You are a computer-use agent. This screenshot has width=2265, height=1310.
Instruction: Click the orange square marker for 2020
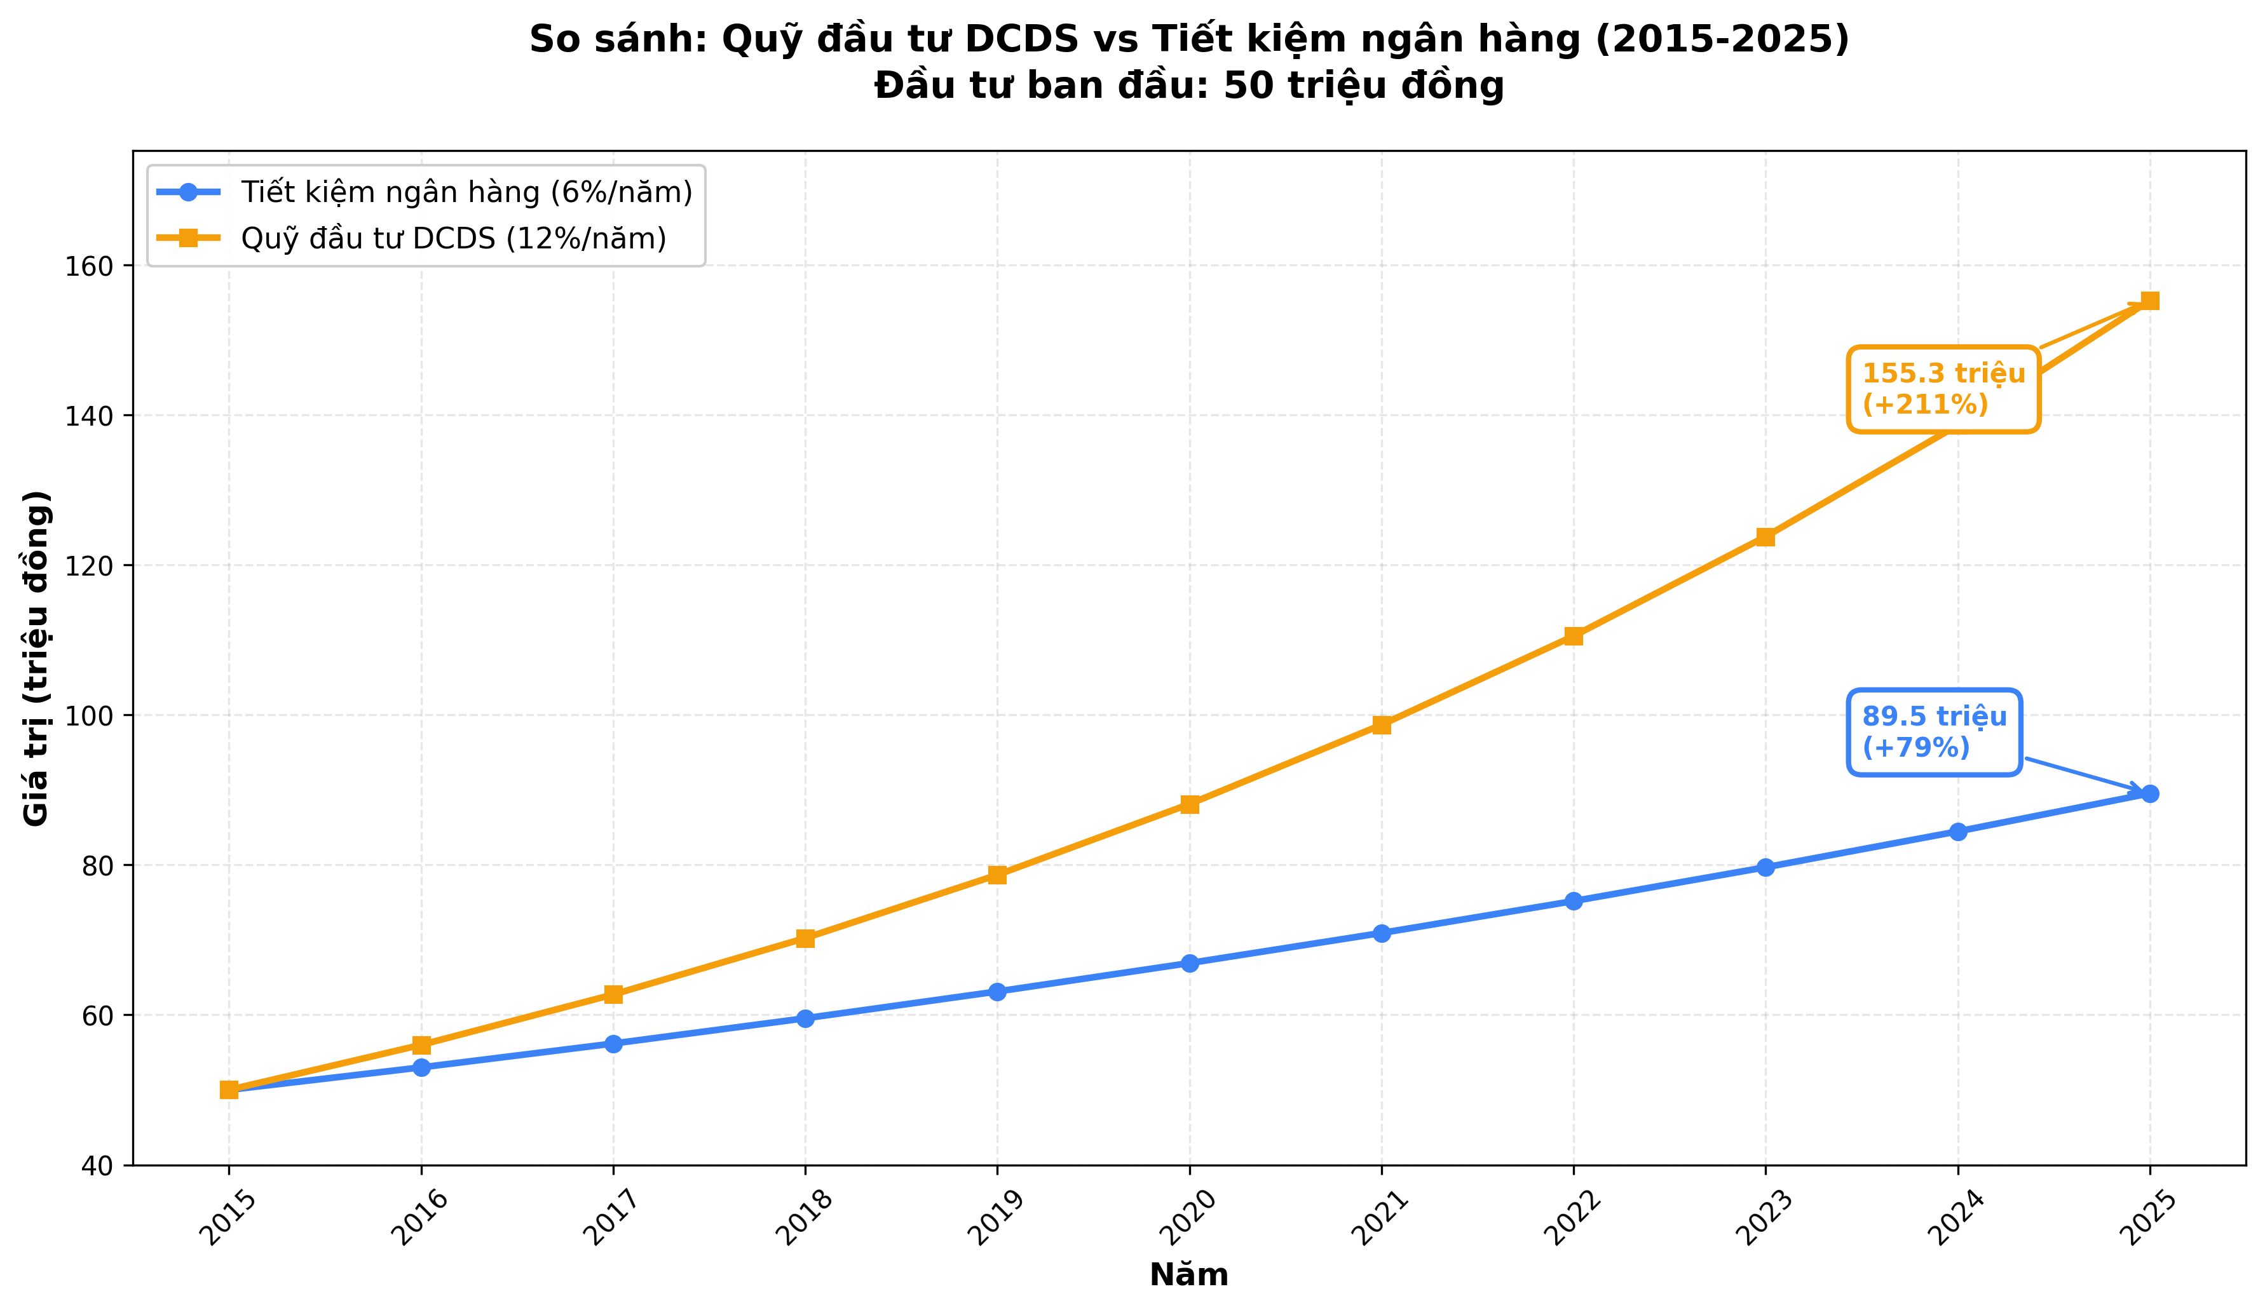1189,804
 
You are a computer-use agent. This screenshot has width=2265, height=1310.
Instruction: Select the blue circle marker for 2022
1573,901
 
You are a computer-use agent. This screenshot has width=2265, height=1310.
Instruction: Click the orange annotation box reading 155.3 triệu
1942,389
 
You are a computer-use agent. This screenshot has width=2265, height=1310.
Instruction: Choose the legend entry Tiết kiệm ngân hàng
466,192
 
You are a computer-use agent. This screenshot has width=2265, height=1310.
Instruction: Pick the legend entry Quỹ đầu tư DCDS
453,238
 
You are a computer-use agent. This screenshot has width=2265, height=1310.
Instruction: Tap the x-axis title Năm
1188,1276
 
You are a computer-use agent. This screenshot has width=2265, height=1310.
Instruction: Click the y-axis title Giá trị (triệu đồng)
37,658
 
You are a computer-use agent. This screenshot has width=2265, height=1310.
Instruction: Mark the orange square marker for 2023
1765,537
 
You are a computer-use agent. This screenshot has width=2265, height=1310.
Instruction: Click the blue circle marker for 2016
421,1067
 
